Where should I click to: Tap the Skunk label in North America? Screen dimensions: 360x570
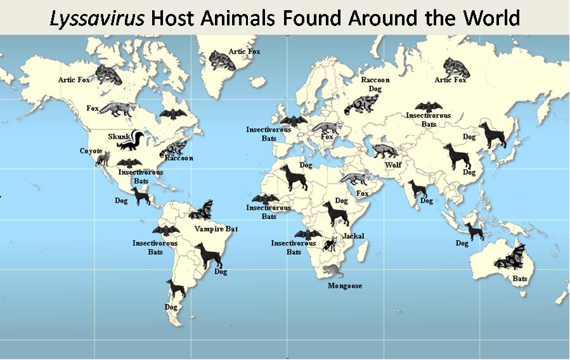tap(119, 136)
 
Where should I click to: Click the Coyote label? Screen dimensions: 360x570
tap(91, 151)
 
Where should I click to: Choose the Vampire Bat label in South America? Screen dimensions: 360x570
tap(216, 229)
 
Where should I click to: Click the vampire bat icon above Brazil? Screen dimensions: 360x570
tap(204, 210)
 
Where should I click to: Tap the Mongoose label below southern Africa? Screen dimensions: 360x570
tap(345, 286)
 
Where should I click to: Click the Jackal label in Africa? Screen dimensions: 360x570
tap(353, 236)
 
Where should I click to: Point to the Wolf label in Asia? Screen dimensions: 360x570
tap(393, 165)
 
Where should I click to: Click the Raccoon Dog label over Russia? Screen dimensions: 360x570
tap(375, 84)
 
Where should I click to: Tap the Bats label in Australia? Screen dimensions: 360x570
tap(520, 278)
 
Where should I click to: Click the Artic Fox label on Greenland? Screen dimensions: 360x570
tap(244, 51)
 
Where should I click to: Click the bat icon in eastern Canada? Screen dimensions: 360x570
tap(171, 114)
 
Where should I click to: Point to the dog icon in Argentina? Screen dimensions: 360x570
tap(176, 289)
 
